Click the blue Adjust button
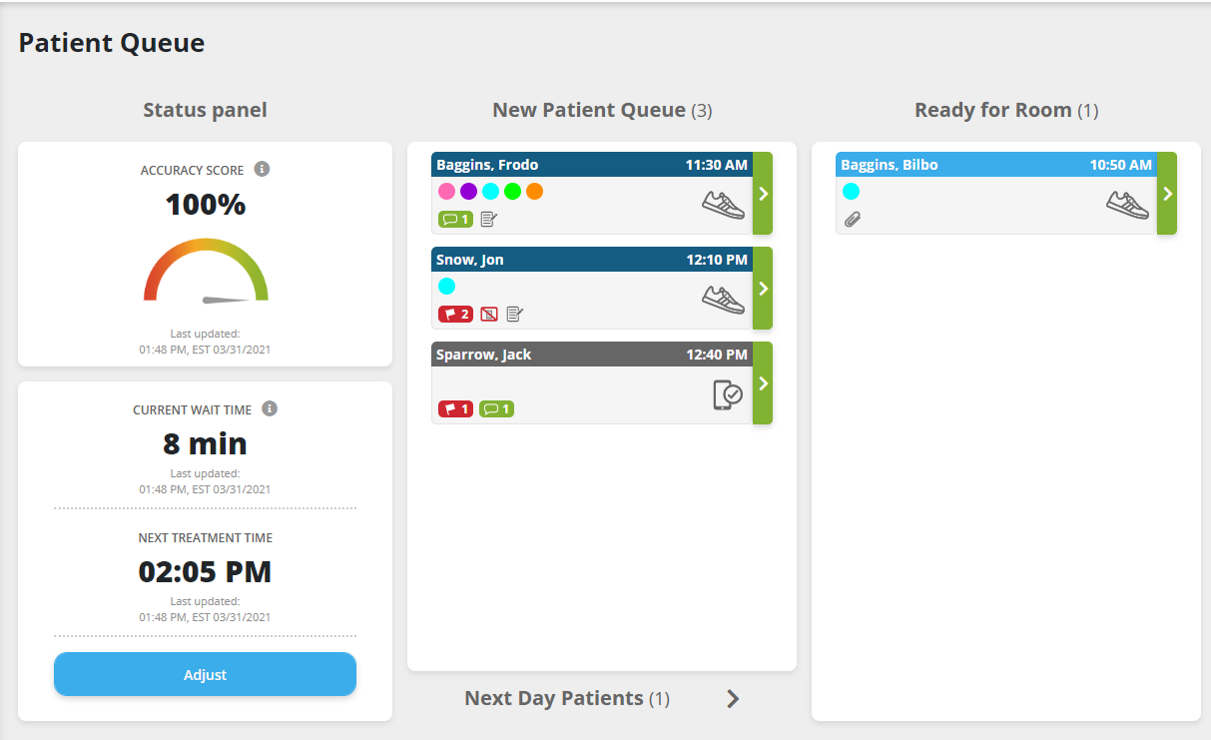click(x=205, y=674)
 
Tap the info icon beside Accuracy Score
click(x=262, y=169)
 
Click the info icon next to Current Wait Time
click(x=270, y=408)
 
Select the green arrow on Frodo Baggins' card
click(x=763, y=194)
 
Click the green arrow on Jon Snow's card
click(x=763, y=289)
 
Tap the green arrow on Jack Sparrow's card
click(x=763, y=383)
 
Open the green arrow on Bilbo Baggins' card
click(x=1167, y=194)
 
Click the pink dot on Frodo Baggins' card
click(x=446, y=191)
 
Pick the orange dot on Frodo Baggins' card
click(x=534, y=191)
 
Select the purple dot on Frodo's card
click(x=468, y=191)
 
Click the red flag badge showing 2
click(x=455, y=314)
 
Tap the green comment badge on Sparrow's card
click(x=496, y=408)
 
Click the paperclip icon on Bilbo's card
click(x=852, y=219)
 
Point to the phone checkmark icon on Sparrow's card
click(x=728, y=394)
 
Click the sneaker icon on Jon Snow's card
click(x=723, y=299)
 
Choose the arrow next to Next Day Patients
click(x=733, y=699)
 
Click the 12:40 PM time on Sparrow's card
click(x=717, y=355)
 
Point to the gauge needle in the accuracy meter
click(x=225, y=299)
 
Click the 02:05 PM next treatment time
click(x=205, y=571)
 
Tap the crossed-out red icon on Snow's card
click(x=489, y=314)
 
